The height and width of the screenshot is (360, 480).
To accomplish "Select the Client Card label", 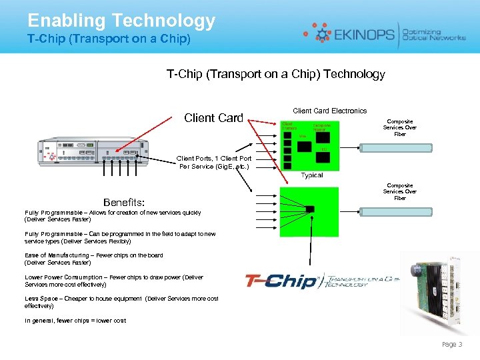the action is [213, 118].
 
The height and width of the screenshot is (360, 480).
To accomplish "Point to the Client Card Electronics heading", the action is [329, 111].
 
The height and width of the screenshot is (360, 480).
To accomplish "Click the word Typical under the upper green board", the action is [312, 175].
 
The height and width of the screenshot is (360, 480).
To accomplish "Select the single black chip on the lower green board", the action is [310, 209].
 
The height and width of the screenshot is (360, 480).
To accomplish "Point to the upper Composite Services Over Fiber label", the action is [399, 128].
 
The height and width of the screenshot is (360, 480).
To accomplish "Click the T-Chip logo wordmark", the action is [283, 281].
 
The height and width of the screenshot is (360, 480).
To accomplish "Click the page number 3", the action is [460, 344].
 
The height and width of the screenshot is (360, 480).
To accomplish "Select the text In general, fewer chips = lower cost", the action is [75, 321].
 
